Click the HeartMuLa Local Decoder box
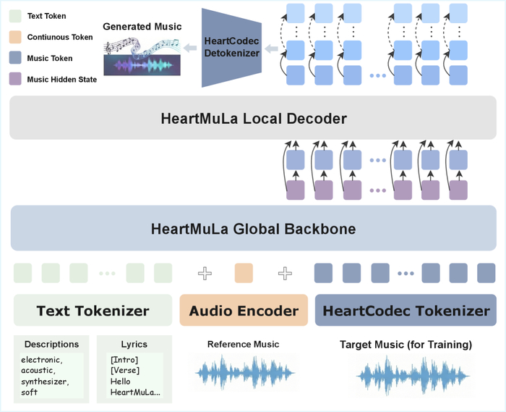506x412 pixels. click(252, 119)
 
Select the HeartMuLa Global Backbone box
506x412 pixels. click(252, 230)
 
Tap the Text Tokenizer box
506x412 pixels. click(93, 311)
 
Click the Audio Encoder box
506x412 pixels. click(244, 311)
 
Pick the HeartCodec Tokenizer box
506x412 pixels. click(406, 311)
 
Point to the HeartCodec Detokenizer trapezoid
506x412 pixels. click(231, 48)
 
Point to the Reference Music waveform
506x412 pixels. click(244, 372)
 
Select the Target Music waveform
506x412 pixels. click(405, 374)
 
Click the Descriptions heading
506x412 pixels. click(51, 344)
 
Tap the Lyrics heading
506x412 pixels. click(134, 344)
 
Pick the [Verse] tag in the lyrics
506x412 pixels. click(125, 371)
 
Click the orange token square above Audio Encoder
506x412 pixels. click(244, 273)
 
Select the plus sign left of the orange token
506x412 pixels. click(205, 273)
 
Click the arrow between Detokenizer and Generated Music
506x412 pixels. click(190, 49)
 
